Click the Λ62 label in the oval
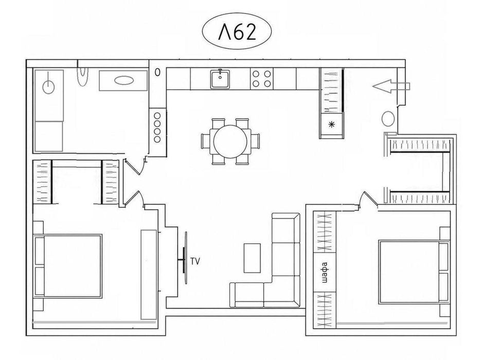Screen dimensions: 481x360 click(237, 32)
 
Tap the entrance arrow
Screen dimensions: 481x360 click(391, 86)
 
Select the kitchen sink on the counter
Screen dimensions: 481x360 click(220, 79)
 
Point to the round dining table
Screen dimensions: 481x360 click(230, 141)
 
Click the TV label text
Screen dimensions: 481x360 click(195, 261)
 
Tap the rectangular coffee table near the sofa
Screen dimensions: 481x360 click(252, 258)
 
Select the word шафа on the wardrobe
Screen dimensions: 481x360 click(325, 272)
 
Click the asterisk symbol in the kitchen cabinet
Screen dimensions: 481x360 click(331, 124)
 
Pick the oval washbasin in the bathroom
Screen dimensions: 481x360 click(124, 81)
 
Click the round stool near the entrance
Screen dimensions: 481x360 click(388, 118)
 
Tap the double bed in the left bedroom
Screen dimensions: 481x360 click(67, 265)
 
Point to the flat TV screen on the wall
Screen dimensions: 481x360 click(185, 258)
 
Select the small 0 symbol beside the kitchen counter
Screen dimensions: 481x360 click(157, 73)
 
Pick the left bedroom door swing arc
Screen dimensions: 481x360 click(134, 198)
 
